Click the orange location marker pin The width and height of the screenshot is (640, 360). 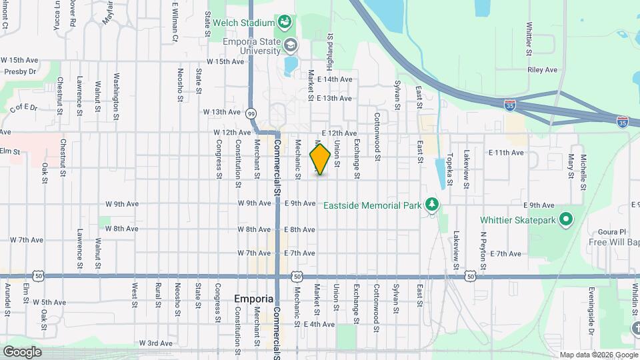[320, 159]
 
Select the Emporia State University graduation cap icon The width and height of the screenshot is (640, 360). [290, 45]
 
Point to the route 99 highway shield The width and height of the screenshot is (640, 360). [251, 113]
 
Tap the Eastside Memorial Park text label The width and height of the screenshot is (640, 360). [372, 205]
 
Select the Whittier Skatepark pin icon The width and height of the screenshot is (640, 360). [566, 219]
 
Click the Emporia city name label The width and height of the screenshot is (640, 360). [254, 299]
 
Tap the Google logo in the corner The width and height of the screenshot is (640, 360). [22, 351]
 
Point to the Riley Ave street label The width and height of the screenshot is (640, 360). [541, 69]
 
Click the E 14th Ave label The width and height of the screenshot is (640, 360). [335, 79]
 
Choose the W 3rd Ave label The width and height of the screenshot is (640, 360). [156, 343]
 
